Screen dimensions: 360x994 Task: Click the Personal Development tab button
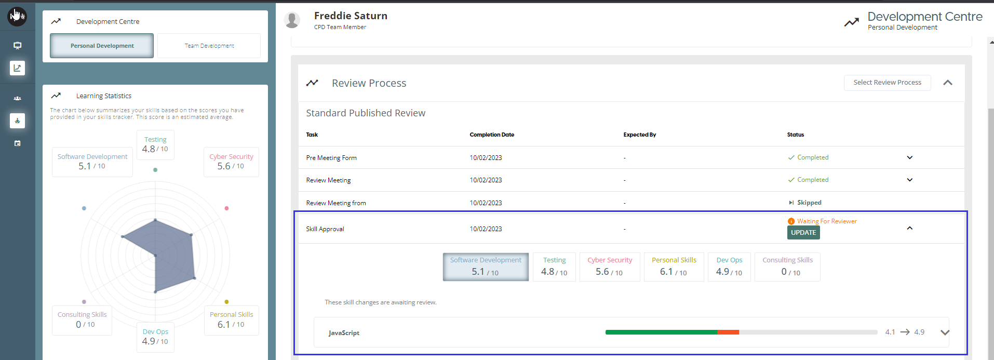(102, 46)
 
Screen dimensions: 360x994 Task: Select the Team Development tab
(209, 46)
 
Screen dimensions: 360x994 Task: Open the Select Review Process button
(887, 83)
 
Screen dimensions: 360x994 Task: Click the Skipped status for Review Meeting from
(809, 203)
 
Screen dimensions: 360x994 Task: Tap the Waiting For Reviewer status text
(827, 221)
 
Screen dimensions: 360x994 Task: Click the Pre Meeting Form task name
(331, 158)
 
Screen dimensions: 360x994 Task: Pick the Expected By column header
(640, 135)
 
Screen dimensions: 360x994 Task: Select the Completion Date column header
(492, 135)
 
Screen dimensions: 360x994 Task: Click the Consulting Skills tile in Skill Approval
(787, 266)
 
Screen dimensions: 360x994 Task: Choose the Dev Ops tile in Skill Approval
(729, 266)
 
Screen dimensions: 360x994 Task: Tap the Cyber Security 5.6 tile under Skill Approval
(610, 266)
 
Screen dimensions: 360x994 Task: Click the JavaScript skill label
(344, 333)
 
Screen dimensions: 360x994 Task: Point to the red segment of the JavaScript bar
(728, 332)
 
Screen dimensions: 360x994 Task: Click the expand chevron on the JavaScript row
(945, 332)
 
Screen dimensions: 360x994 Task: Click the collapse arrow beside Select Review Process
(948, 83)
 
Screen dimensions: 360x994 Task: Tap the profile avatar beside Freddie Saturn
(292, 20)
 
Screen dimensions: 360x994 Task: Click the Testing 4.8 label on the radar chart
(155, 144)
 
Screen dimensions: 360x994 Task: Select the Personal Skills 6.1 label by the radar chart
(231, 320)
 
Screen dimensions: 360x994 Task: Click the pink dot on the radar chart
(226, 208)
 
